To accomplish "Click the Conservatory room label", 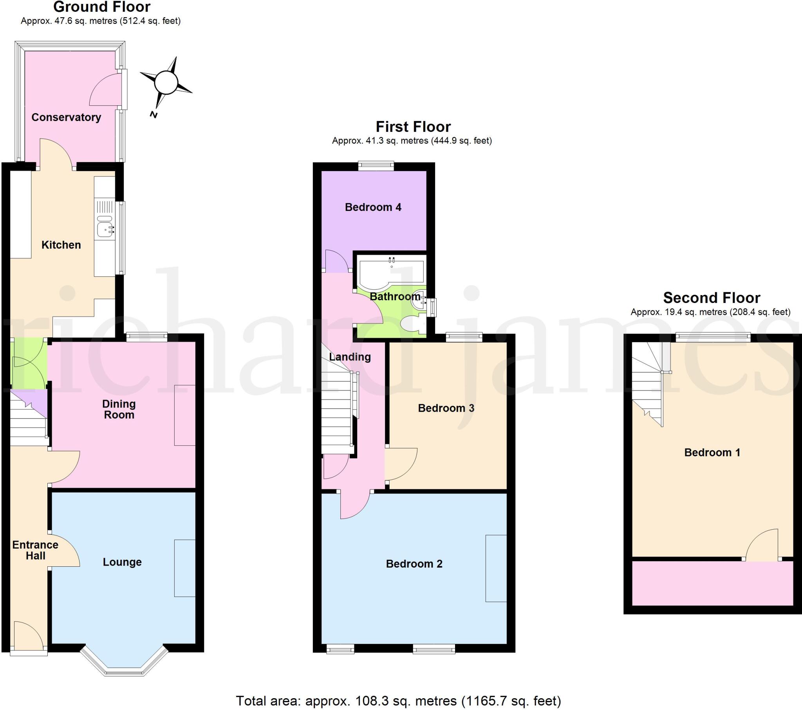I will coord(66,117).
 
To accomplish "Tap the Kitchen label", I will coord(61,245).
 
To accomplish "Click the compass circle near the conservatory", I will coord(166,83).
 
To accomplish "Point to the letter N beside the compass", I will coord(154,115).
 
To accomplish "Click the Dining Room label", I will coord(119,409).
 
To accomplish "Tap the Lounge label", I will coord(122,562).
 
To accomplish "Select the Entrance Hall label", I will coord(35,550).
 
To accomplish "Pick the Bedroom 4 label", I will coord(373,207).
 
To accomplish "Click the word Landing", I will coord(350,357).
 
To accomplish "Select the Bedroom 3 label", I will coord(446,408).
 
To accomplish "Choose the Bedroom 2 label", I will coord(414,564).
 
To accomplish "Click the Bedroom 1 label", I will coord(712,452).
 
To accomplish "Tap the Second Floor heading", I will coord(712,298).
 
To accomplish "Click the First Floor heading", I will coord(413,127).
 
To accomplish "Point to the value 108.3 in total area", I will coord(368,701).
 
